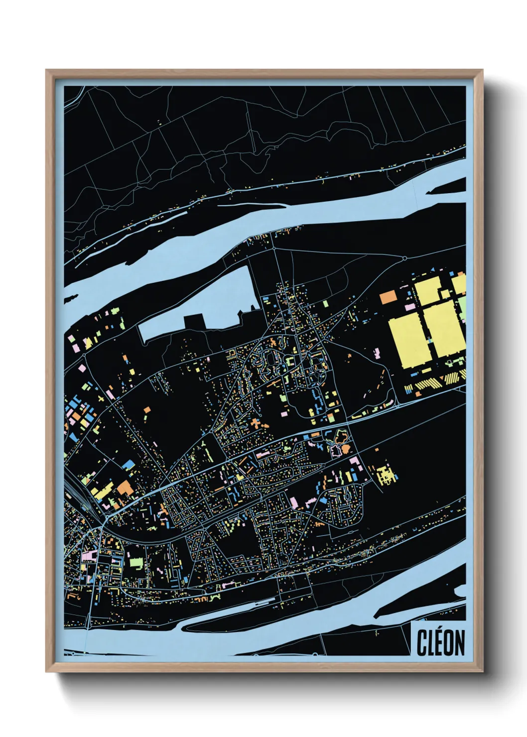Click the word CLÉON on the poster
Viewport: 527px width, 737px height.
pyautogui.click(x=440, y=642)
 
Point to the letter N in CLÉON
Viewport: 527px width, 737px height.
pyautogui.click(x=459, y=642)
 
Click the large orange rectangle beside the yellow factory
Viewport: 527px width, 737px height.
pyautogui.click(x=388, y=297)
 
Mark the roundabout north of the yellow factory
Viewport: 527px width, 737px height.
pyautogui.click(x=404, y=258)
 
